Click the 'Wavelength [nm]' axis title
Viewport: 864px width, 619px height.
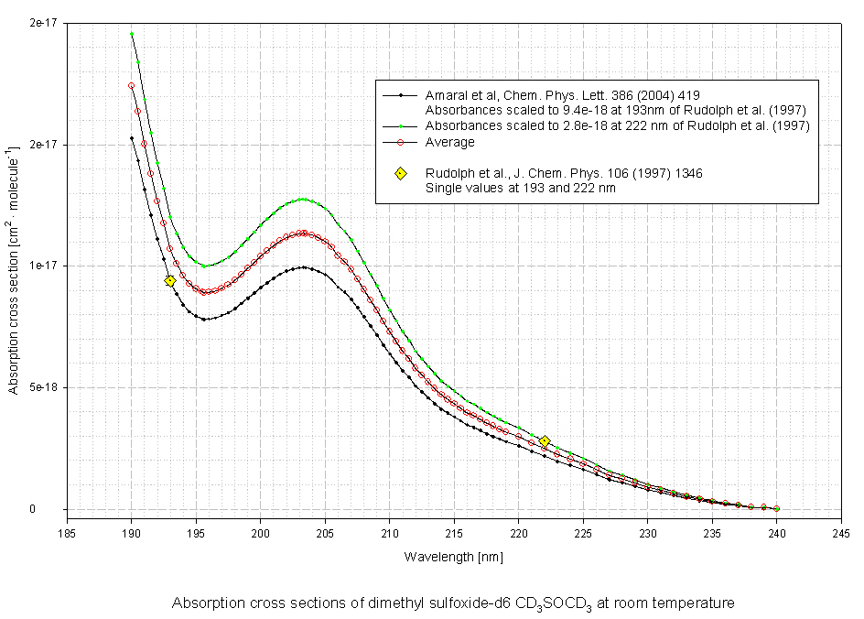[x=453, y=557]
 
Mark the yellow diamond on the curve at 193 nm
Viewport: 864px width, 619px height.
[x=170, y=281]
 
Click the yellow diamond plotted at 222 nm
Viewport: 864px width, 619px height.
[x=545, y=441]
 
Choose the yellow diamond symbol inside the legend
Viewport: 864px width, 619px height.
[x=400, y=174]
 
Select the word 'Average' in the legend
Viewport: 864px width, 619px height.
[x=450, y=142]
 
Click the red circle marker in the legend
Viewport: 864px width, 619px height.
[x=400, y=142]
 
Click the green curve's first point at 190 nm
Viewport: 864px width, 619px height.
[x=132, y=34]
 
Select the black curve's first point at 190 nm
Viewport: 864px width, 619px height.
[x=132, y=138]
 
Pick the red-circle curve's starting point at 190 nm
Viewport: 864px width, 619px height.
[x=132, y=86]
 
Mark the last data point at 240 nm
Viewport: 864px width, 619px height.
[x=777, y=508]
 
